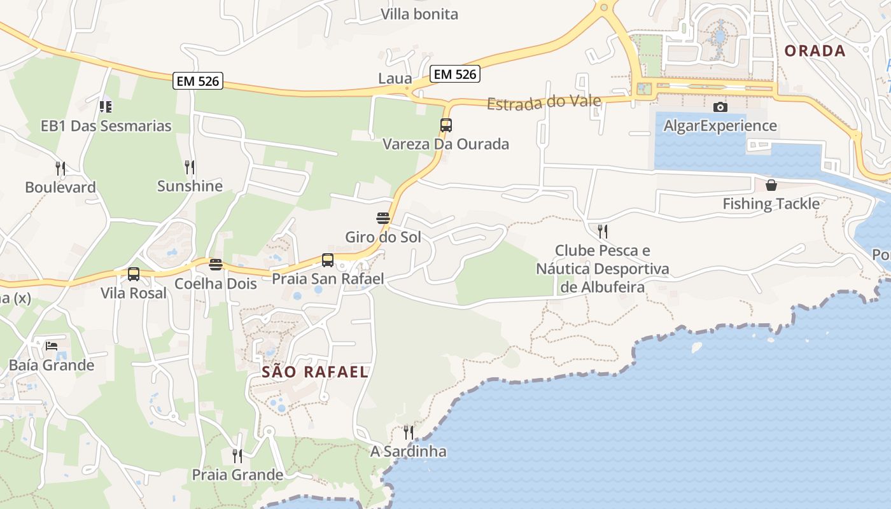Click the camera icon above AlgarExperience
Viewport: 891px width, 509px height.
720,107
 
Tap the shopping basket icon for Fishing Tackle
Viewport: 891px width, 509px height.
771,185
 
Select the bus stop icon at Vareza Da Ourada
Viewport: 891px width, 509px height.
445,125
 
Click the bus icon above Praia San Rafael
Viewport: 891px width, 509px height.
328,260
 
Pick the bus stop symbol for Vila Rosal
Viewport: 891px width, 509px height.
134,274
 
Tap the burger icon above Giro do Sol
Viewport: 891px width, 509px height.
382,218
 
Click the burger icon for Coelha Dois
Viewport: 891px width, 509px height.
216,265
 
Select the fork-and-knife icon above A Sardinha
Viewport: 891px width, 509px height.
409,433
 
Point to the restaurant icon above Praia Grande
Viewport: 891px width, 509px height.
237,456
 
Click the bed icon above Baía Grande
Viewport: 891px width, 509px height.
52,346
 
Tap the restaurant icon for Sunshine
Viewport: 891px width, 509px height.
190,167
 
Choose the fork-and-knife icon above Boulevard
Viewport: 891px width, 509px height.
60,168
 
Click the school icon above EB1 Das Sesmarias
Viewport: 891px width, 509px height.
106,106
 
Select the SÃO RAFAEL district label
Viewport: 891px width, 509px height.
315,372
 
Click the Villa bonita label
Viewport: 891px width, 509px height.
419,14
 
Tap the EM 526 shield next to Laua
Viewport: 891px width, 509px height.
454,74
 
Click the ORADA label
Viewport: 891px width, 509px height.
815,51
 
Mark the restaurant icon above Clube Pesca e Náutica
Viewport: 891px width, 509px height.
602,231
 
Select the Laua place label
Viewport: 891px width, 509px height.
395,78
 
